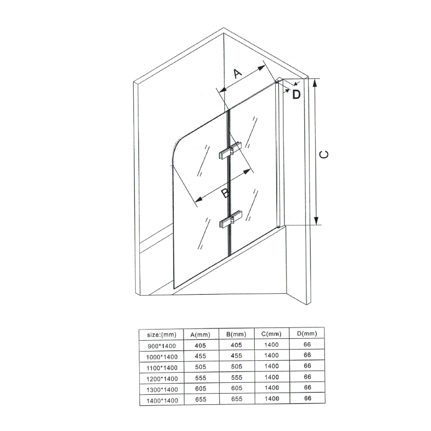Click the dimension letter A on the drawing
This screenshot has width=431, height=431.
pos(237,73)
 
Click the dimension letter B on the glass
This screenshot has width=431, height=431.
pos(225,193)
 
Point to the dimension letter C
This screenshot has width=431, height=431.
pos(324,154)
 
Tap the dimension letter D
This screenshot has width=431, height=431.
pos(296,94)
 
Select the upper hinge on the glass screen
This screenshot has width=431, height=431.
pos(230,151)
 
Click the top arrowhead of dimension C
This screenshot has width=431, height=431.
pos(316,83)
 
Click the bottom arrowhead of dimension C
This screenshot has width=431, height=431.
pos(316,221)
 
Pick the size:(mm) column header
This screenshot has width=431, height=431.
pos(161,335)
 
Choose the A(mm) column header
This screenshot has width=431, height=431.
pos(200,335)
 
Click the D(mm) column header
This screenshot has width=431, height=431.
pos(307,334)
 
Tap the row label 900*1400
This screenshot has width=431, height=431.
pos(161,346)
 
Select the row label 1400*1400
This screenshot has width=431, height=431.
pos(162,400)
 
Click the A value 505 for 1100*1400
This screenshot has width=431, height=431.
pos(200,366)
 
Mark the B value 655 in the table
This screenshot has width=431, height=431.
pos(237,399)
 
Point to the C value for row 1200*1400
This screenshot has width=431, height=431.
pos(272,377)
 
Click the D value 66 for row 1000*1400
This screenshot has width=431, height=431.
pos(307,355)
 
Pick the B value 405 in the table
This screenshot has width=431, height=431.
pos(236,345)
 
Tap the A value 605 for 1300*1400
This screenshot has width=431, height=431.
pos(201,388)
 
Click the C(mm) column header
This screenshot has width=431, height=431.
pos(271,334)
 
